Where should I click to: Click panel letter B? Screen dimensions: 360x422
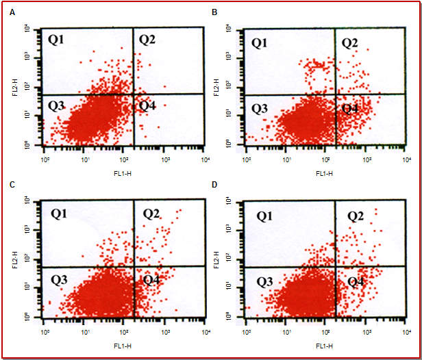pos(214,12)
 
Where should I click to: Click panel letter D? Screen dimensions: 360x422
pos(214,185)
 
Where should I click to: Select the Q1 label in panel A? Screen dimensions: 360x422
pos(55,39)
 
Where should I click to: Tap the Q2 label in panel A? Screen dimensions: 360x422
pos(147,39)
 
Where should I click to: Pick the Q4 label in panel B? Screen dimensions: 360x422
pos(350,108)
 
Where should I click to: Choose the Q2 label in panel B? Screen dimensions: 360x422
pos(349,43)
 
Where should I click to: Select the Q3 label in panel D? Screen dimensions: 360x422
pos(265,281)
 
